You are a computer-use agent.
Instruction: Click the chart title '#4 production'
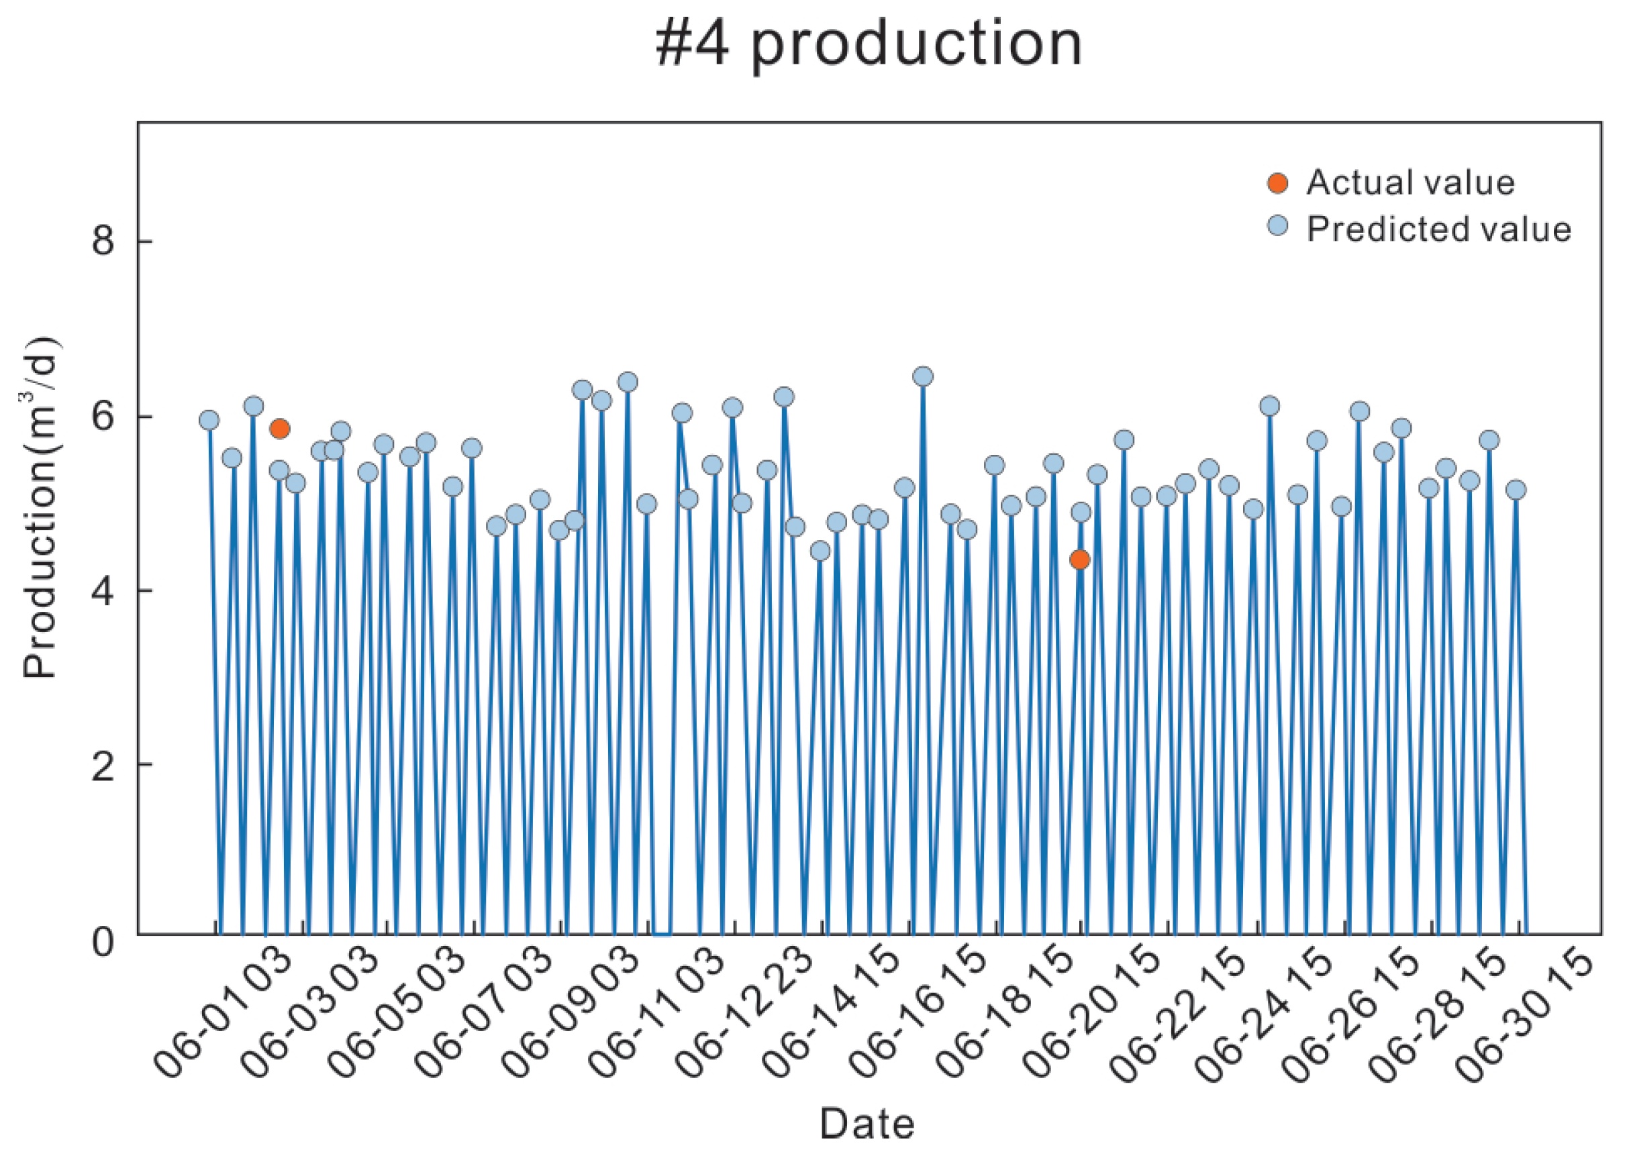tap(869, 44)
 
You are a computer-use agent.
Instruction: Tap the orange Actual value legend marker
tap(1277, 183)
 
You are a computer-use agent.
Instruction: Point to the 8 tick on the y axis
tap(103, 240)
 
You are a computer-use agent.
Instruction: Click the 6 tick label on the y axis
tap(103, 416)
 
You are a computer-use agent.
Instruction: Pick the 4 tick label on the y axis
tap(103, 590)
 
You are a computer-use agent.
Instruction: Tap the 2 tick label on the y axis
tap(103, 765)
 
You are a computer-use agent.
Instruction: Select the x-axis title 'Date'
tap(866, 1123)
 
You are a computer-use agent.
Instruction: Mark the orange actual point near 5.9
tap(279, 429)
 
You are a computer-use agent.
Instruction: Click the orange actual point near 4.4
tap(1079, 559)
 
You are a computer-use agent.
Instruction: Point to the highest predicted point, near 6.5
tap(923, 376)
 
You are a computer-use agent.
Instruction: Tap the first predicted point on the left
tap(209, 420)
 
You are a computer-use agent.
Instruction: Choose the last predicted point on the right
tap(1516, 489)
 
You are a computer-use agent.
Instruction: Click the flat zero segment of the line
tap(661, 935)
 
